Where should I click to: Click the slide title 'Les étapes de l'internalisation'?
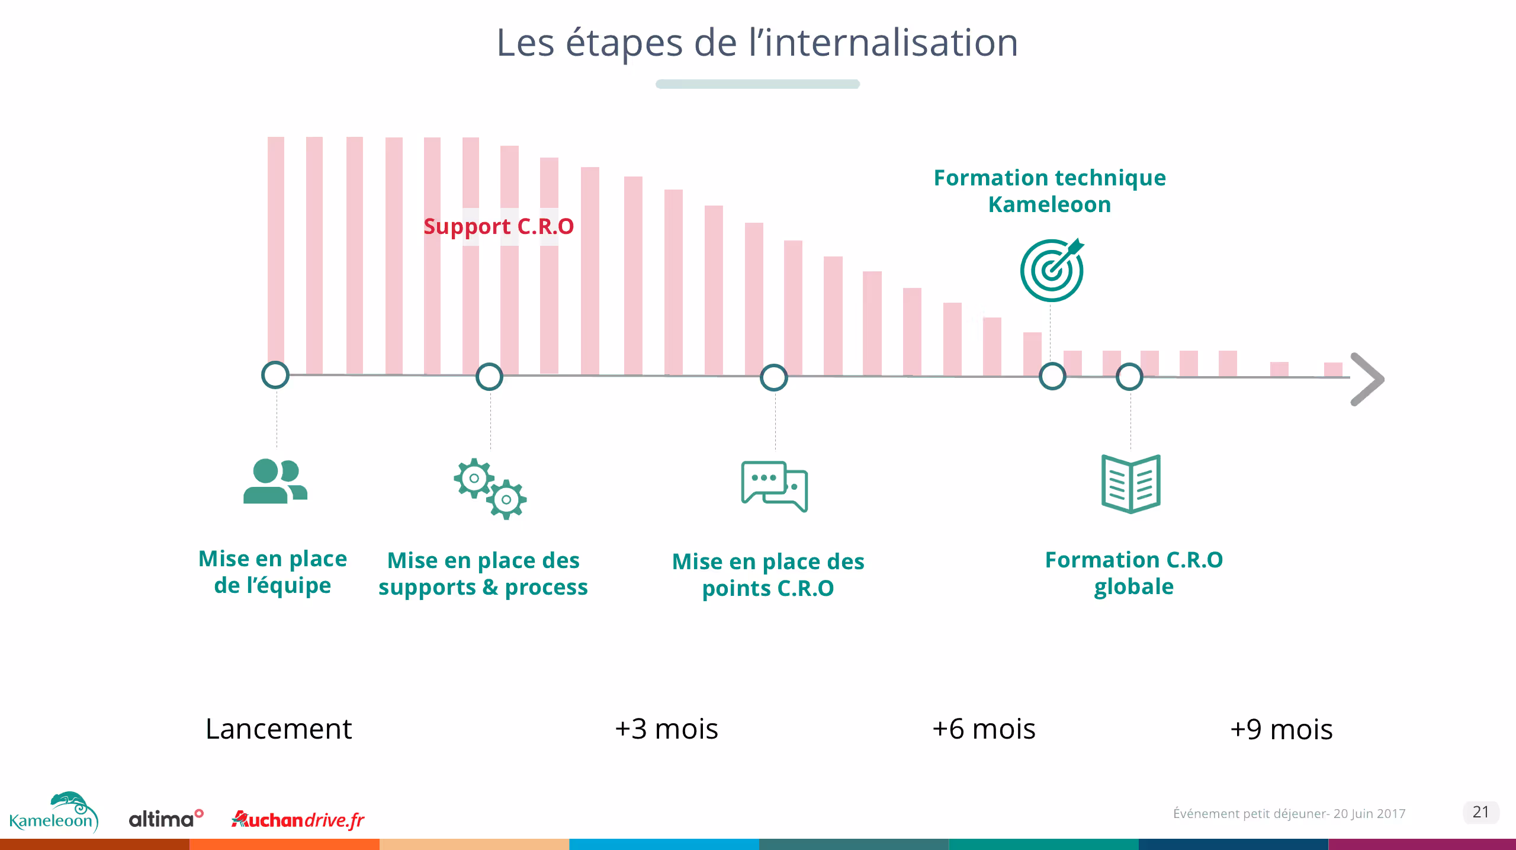(757, 43)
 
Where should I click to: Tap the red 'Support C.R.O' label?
(499, 226)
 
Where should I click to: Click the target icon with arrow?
(1052, 270)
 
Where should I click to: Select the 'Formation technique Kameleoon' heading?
(1049, 191)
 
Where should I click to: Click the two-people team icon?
(275, 481)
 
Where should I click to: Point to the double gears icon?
(490, 489)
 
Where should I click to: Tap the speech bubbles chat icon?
(775, 486)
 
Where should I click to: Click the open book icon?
(1130, 484)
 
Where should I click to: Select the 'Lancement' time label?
(278, 729)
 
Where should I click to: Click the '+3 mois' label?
(666, 729)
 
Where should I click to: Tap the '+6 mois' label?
(984, 729)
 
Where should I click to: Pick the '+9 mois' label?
(1281, 729)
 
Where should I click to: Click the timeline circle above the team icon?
(275, 375)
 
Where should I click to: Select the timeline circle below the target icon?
(1052, 377)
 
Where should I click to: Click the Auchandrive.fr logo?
(298, 820)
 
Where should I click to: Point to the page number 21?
(1480, 812)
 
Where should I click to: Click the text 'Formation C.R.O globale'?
(1133, 573)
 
